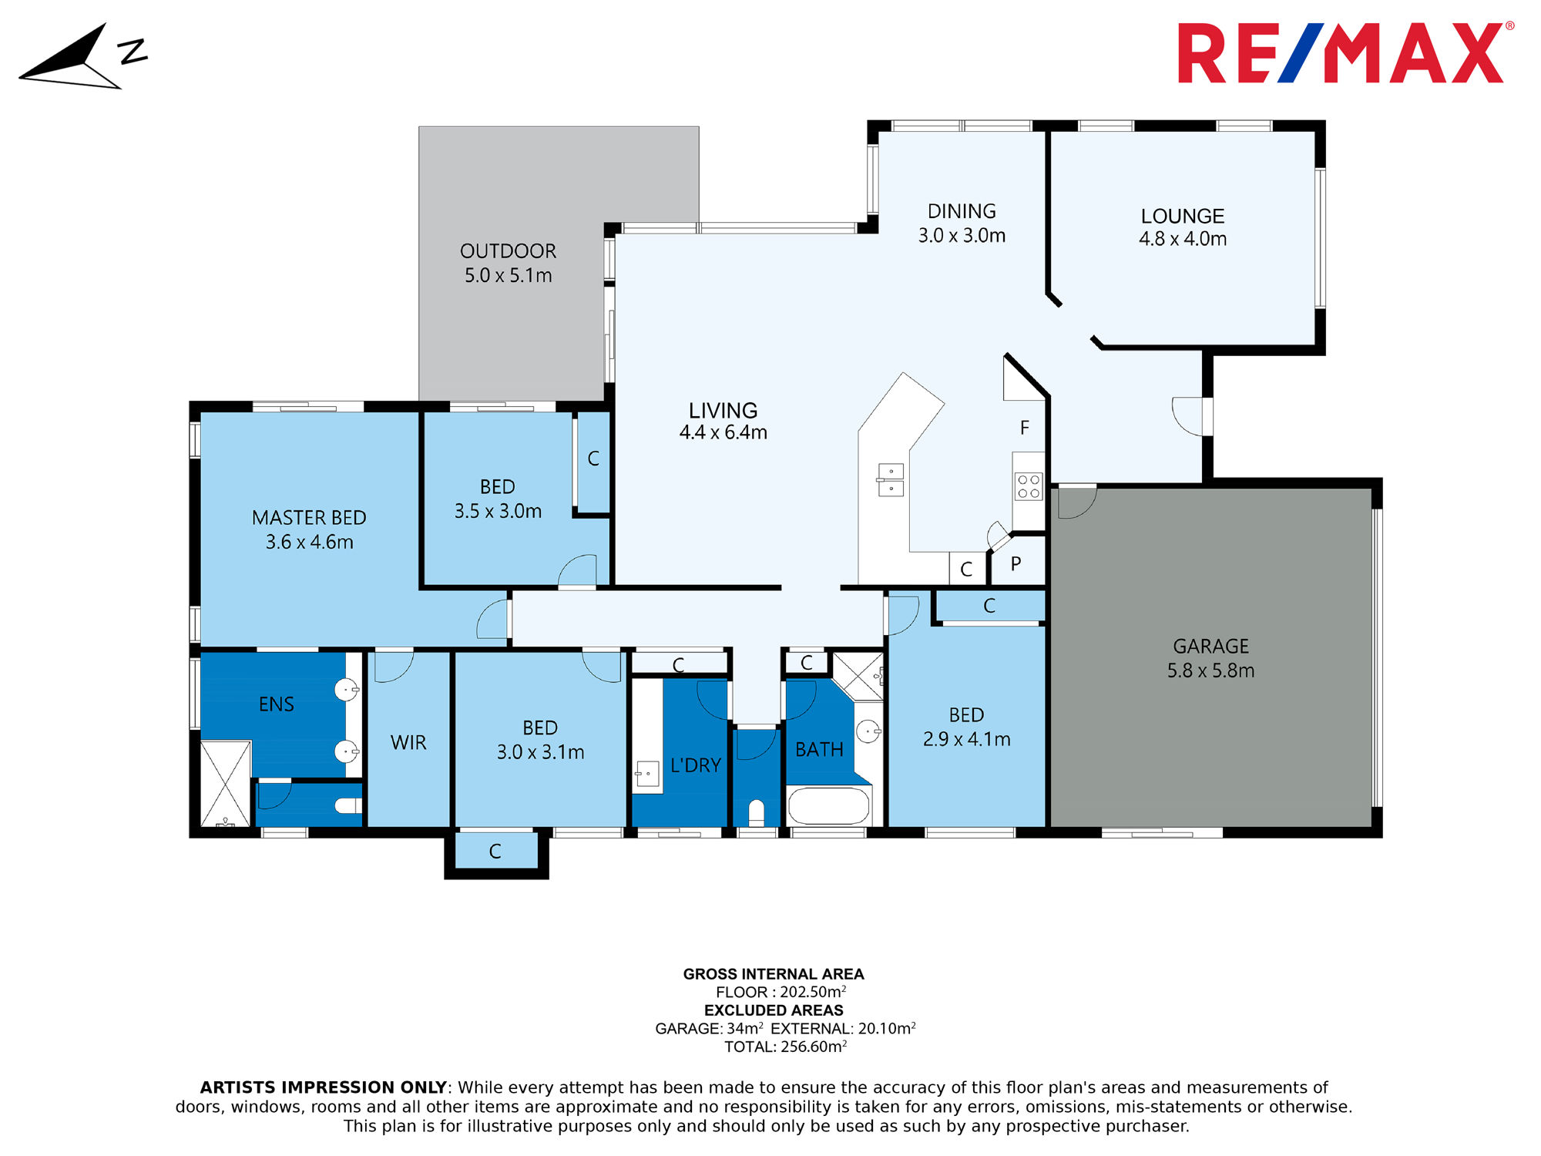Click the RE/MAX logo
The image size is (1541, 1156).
pos(1345,52)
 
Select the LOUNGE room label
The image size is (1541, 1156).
pos(1183,216)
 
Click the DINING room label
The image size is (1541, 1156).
pos(962,211)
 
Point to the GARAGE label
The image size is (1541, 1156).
pos(1210,646)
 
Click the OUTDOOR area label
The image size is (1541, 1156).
pos(508,251)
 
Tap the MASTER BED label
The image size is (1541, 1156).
pos(309,518)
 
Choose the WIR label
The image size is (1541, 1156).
pos(408,742)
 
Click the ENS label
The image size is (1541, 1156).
pos(276,704)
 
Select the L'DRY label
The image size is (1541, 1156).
pos(695,765)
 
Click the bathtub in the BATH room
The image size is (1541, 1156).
pos(829,806)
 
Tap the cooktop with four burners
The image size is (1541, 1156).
pos(1029,486)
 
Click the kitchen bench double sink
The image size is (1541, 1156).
pos(891,480)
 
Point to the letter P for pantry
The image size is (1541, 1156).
pos(1016,564)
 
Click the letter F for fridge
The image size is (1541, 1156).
pos(1024,428)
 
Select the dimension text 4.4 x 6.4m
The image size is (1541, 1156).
pos(723,432)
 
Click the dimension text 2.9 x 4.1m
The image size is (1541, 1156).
pos(966,739)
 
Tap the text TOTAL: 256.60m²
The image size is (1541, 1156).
pos(785,1046)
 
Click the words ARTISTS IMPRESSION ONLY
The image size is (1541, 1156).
pos(324,1087)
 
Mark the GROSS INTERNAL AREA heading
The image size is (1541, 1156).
pos(774,974)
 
